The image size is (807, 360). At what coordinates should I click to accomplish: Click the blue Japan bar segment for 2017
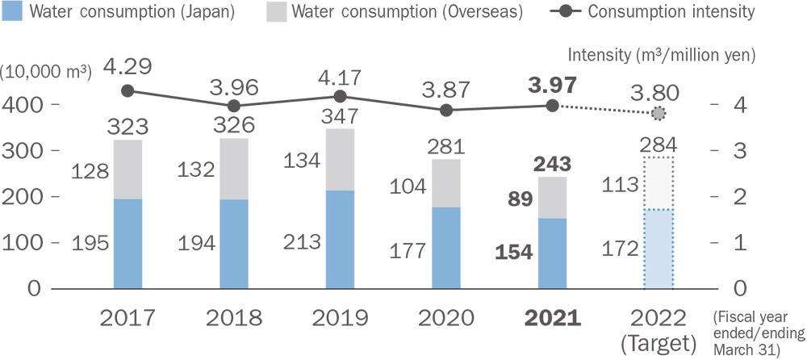(x=128, y=243)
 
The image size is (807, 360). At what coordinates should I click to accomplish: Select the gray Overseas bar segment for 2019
(x=339, y=159)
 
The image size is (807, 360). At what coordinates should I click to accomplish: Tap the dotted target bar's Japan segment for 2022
(x=658, y=249)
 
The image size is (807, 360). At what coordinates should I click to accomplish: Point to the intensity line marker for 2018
(x=234, y=106)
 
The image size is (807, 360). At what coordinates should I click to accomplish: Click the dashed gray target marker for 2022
(x=659, y=114)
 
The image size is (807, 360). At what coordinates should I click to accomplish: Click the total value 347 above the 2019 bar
(x=339, y=114)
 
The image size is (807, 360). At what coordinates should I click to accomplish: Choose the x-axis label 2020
(x=446, y=316)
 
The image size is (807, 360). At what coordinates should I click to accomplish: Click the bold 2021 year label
(x=553, y=316)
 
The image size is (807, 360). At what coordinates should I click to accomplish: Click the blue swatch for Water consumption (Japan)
(x=14, y=11)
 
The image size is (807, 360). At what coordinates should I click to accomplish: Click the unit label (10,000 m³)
(x=46, y=70)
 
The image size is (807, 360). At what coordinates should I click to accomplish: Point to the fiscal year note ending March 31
(x=759, y=333)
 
